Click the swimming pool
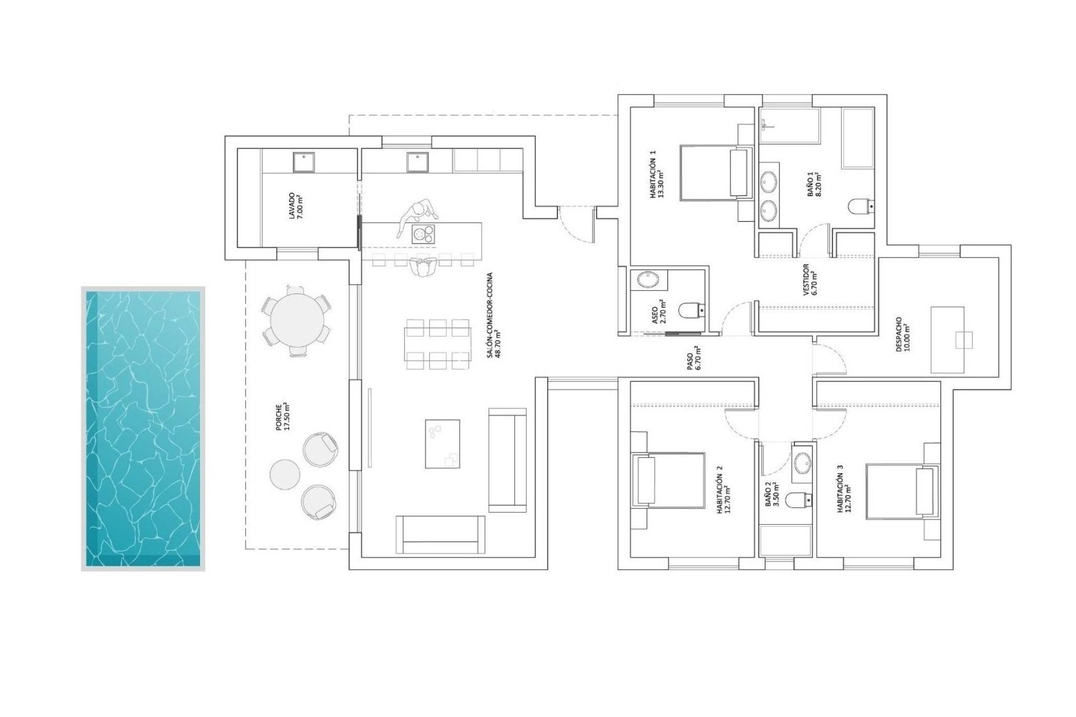143,429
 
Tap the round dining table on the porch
296,322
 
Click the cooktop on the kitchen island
423,234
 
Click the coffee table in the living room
442,444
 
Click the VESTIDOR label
809,280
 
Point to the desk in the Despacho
947,339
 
